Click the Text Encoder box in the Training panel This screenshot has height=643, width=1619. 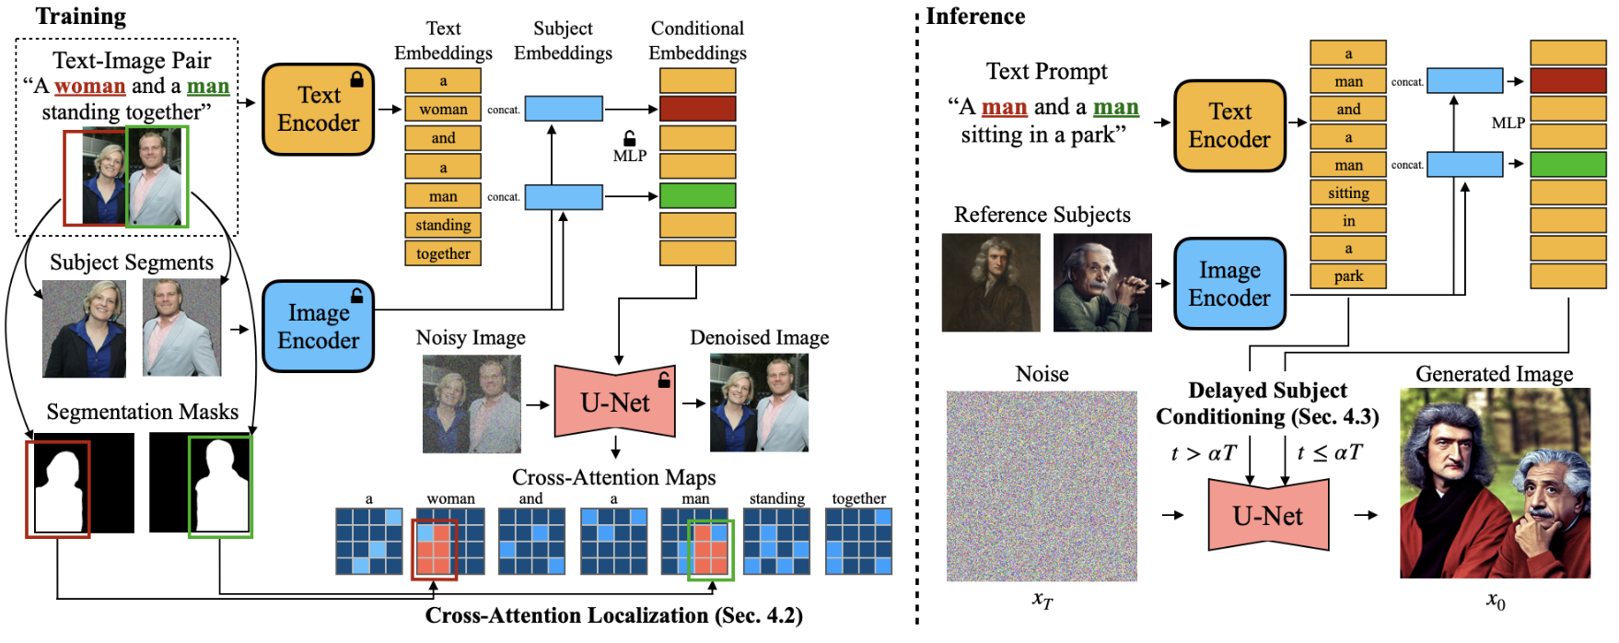pyautogui.click(x=318, y=109)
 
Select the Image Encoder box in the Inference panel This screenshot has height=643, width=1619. pyautogui.click(x=1229, y=284)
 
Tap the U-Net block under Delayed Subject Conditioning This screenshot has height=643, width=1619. pyautogui.click(x=1268, y=515)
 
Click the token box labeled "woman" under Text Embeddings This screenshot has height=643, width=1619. pyautogui.click(x=443, y=109)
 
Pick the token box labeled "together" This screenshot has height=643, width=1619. pyautogui.click(x=443, y=253)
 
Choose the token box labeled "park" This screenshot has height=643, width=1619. pyautogui.click(x=1348, y=275)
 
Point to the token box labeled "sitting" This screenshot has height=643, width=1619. pyautogui.click(x=1348, y=193)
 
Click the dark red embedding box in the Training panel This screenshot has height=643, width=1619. pyautogui.click(x=697, y=109)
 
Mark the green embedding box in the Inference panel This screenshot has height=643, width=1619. pyautogui.click(x=1567, y=165)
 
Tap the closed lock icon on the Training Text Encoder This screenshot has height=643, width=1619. pyautogui.click(x=356, y=79)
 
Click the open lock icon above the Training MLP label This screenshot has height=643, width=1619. pyautogui.click(x=630, y=138)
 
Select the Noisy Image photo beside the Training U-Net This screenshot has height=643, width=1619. pyautogui.click(x=472, y=403)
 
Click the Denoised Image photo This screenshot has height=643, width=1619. pyautogui.click(x=759, y=403)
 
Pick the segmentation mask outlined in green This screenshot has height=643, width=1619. pyautogui.click(x=220, y=486)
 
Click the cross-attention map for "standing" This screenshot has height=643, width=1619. pyautogui.click(x=776, y=541)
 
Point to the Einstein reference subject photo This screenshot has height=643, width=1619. pyautogui.click(x=1102, y=283)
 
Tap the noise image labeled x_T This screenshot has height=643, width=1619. pyautogui.click(x=1042, y=485)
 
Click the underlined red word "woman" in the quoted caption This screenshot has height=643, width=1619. pyautogui.click(x=89, y=87)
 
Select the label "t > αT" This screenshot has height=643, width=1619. pyautogui.click(x=1204, y=452)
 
